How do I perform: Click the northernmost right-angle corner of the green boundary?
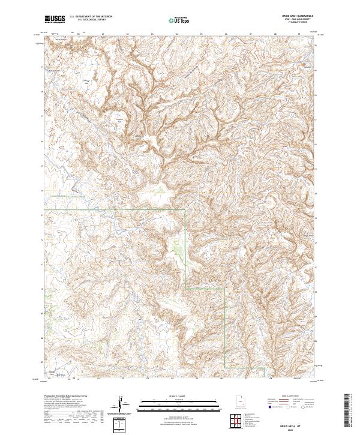coord(185,209)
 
